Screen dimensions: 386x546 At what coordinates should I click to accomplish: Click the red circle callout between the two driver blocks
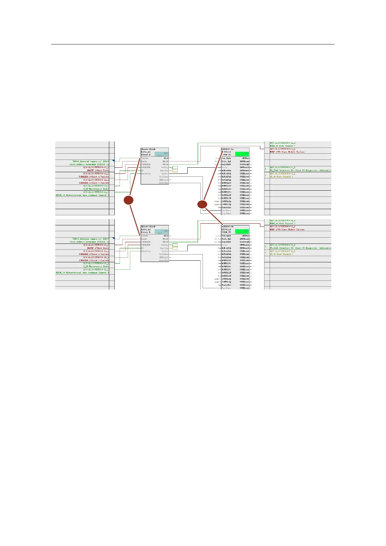pos(129,200)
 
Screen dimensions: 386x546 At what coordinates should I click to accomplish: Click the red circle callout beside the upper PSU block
pos(202,204)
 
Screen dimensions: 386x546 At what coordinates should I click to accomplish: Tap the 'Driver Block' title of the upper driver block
pos(148,149)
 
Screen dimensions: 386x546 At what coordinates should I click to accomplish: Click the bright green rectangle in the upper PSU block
pos(242,154)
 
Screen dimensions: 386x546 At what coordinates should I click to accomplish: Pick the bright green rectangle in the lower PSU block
pos(242,231)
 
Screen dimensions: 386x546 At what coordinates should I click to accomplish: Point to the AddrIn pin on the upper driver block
pos(145,158)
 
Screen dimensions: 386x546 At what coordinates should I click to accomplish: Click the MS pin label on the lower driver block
pos(142,248)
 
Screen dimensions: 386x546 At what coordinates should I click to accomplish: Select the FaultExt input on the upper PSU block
pos(226,208)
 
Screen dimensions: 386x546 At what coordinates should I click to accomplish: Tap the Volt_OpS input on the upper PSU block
pos(226,161)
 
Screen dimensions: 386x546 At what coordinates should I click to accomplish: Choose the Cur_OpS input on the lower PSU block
pos(226,236)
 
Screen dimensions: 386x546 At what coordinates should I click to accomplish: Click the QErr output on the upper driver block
pos(166,158)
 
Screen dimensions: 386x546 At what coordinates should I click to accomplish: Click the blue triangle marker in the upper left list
pos(113,160)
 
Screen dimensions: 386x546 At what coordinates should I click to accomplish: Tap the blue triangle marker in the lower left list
pos(113,238)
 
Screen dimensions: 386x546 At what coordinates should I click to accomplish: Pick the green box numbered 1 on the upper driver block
pos(174,168)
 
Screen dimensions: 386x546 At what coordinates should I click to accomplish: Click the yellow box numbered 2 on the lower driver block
pos(174,248)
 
